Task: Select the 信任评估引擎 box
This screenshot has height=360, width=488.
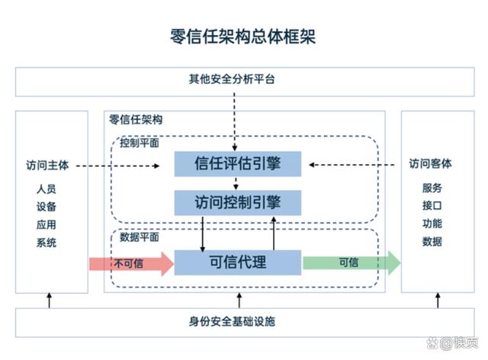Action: pos(238,163)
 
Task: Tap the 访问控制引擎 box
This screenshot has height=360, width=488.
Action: pos(238,202)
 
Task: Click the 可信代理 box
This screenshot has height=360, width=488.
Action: pos(238,262)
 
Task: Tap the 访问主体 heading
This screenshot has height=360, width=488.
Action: pos(47,163)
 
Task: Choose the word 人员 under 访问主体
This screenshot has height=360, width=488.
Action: pos(46,188)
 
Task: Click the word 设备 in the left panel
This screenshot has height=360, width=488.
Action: pos(46,207)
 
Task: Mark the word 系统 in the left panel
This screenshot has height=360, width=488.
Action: pos(46,243)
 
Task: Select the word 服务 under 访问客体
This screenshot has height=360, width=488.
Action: pos(432,188)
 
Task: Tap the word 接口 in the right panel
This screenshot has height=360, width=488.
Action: pos(432,206)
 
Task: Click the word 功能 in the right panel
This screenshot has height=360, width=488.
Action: pos(432,224)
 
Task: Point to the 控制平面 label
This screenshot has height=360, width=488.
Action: pos(139,143)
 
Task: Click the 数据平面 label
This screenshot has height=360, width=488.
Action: pos(139,236)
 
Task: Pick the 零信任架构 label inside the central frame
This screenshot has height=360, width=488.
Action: pos(135,120)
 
